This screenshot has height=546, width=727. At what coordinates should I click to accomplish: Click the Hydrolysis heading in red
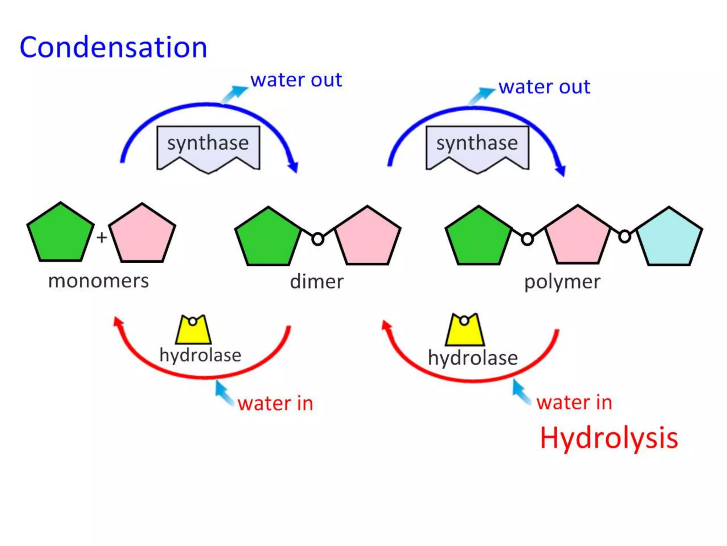coord(608,438)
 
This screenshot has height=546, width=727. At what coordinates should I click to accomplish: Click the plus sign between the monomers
coord(102,237)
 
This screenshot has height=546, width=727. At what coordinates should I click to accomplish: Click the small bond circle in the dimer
coord(318,239)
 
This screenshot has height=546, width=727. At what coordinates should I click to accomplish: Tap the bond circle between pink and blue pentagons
coord(625,236)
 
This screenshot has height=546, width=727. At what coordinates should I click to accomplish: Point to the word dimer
coord(317,282)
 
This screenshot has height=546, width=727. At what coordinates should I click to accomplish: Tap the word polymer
coord(562,282)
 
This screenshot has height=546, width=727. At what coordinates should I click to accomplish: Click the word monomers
coord(98,281)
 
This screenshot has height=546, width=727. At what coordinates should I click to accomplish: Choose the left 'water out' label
coord(296,80)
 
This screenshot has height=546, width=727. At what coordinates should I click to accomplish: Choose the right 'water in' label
coord(574,402)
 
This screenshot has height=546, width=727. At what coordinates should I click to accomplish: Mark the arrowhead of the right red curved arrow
coord(387,325)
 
